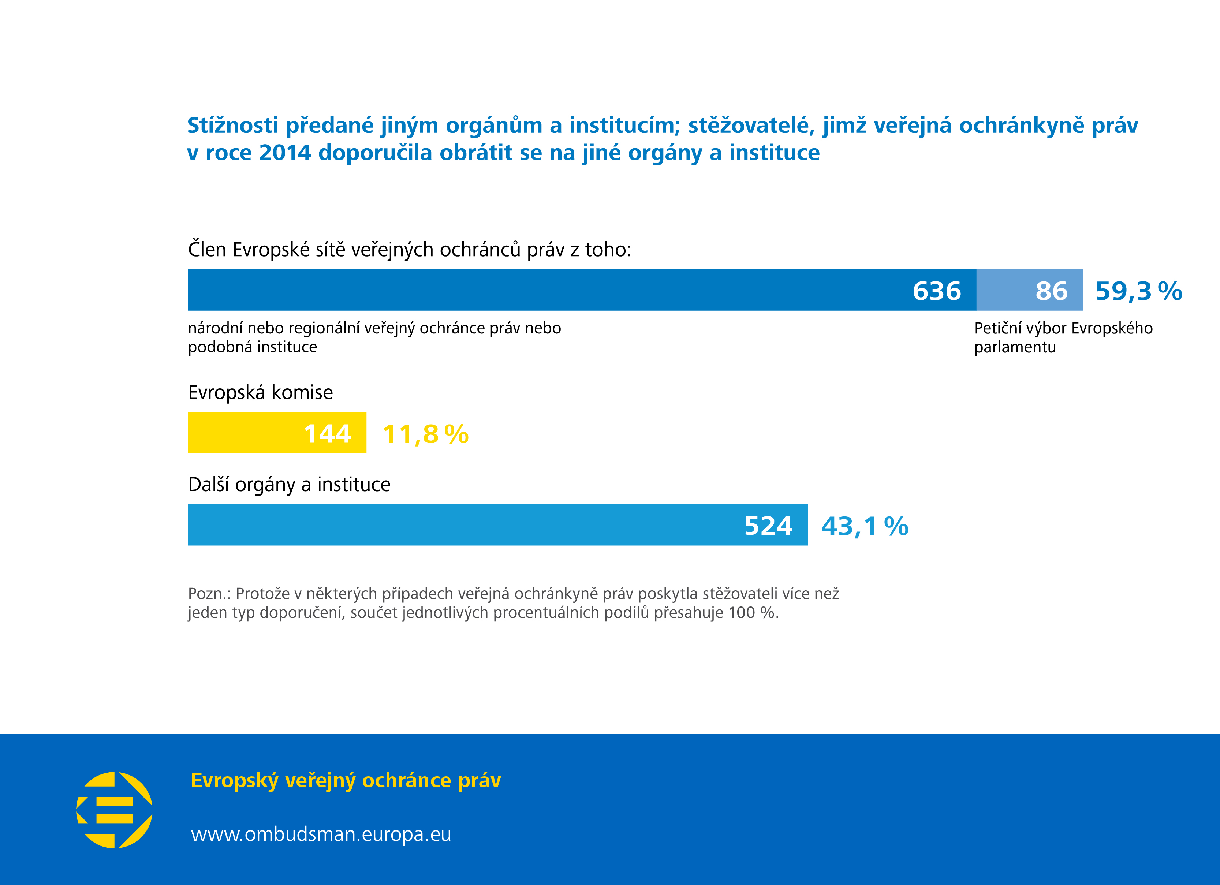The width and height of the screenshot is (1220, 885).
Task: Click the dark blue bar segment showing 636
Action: [581, 290]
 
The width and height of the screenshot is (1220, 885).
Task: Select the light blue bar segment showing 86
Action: [1029, 290]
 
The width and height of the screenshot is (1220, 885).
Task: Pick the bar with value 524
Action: [497, 525]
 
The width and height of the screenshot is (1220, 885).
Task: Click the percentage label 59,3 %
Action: [1138, 291]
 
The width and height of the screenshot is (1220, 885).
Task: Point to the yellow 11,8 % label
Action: [425, 434]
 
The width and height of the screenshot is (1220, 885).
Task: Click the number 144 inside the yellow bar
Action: [327, 434]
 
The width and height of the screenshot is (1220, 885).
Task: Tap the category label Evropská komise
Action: [260, 393]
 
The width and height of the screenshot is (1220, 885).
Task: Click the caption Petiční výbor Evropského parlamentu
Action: [1063, 337]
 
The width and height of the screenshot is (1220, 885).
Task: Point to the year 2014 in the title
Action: [284, 153]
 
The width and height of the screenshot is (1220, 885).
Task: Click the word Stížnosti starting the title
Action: [232, 125]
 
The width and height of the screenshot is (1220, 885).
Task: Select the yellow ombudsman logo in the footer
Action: [115, 810]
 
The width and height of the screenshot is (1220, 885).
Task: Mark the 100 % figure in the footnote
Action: [751, 613]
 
